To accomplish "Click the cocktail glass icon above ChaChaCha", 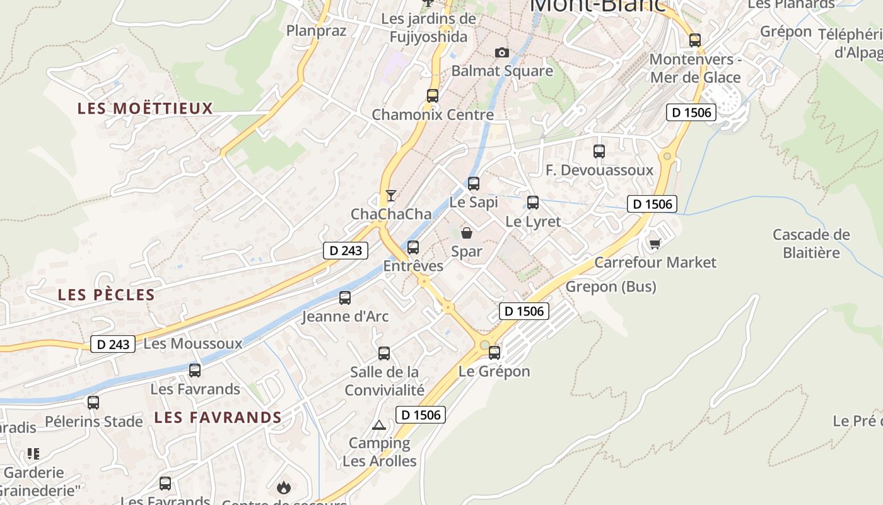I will tap(391, 195).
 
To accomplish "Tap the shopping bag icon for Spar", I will tap(467, 233).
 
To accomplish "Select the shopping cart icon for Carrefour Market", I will tap(655, 244).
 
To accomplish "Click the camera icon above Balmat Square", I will tap(501, 52).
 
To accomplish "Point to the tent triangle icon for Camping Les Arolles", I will tap(378, 425).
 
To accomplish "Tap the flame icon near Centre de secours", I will tap(283, 487).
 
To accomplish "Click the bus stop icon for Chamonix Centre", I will tap(433, 96).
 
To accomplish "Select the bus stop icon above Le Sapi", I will tap(474, 184).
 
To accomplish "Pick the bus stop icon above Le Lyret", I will tap(533, 203).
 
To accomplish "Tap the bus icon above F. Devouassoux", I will tap(599, 151).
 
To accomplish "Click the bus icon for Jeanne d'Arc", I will tap(345, 298).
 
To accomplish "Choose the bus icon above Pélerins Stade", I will tap(93, 402).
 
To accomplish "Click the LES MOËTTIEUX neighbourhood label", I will tap(145, 109).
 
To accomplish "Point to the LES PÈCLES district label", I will tap(106, 295).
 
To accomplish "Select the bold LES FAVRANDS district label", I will tap(218, 417).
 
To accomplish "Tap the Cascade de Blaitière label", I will tap(811, 244).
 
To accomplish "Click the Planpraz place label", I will tap(316, 30).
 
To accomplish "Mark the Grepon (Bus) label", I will tap(611, 287).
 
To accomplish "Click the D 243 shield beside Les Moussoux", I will tap(114, 344).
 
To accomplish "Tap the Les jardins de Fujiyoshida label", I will tap(428, 28).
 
